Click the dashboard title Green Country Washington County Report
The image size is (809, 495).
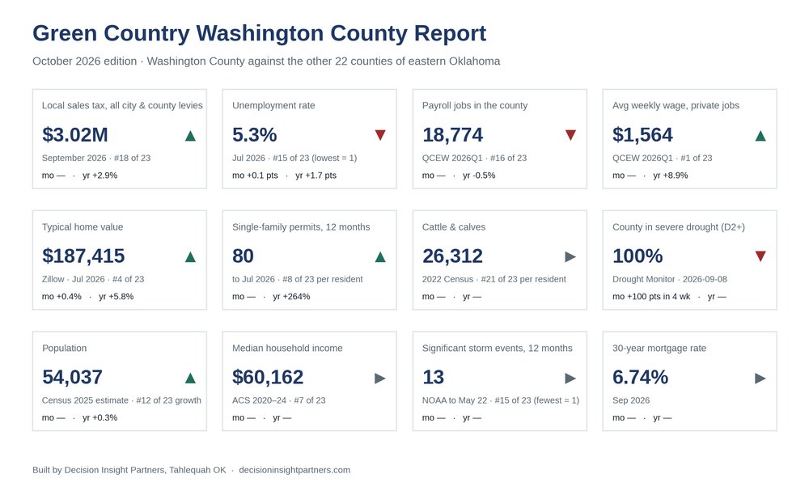coord(259,33)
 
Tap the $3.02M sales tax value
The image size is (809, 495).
coord(74,135)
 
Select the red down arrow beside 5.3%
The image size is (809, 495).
coord(380,135)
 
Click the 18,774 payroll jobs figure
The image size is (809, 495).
coord(452,135)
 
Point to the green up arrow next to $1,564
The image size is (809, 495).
coord(760,136)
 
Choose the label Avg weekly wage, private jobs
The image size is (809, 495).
coord(676,105)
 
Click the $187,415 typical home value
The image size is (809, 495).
coord(83,256)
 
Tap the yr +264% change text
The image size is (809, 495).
coord(291,297)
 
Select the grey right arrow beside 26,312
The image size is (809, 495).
coord(570,256)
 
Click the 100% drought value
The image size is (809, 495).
coord(637,256)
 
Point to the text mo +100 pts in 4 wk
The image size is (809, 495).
coord(651,297)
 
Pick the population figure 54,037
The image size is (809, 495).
coord(72,378)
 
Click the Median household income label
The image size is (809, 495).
coord(287,348)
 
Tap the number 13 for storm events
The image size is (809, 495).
coord(433,378)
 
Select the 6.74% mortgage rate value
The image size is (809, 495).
coord(640,378)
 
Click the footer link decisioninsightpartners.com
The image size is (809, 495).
coord(294,470)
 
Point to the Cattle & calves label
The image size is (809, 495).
coord(454,226)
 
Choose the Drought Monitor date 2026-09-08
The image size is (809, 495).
coord(705,279)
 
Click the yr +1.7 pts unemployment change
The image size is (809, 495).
coord(316,176)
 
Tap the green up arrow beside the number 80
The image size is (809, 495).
coord(380,256)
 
